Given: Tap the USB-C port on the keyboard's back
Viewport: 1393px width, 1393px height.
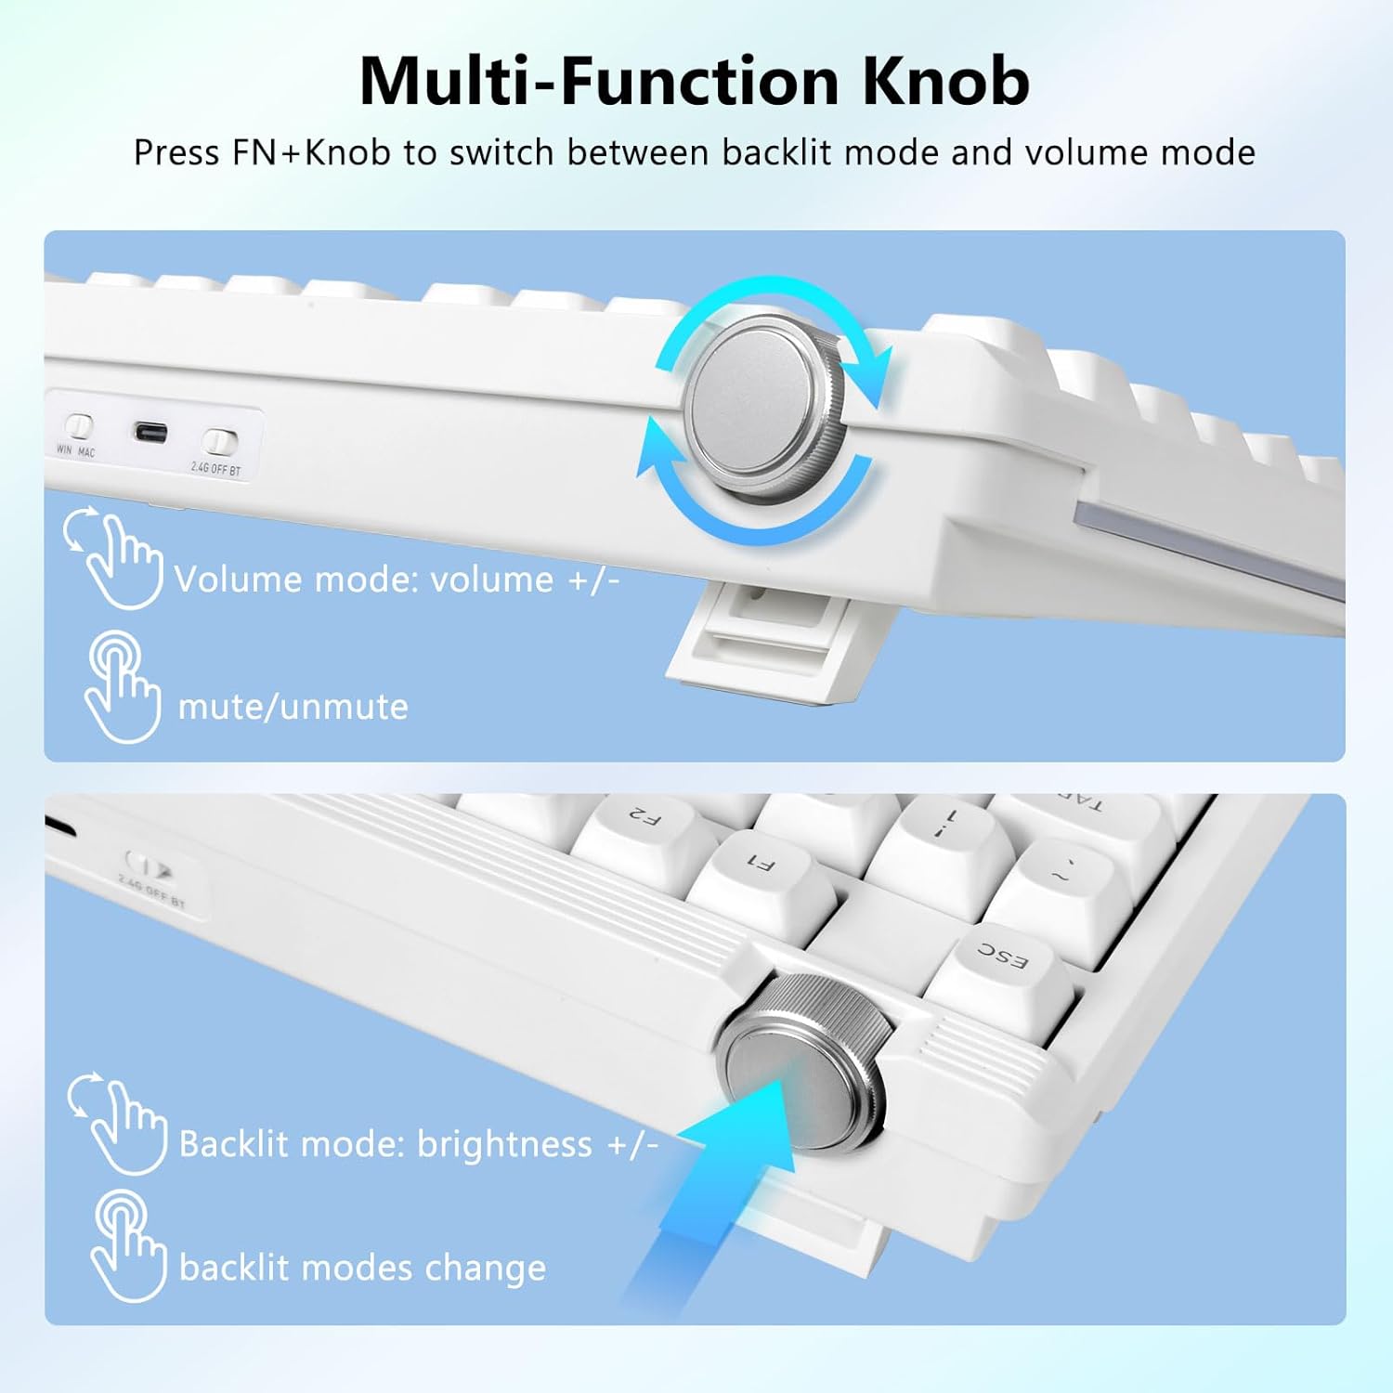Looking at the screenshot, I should pyautogui.click(x=150, y=433).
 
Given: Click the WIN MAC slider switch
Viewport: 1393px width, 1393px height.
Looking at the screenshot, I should pyautogui.click(x=78, y=426).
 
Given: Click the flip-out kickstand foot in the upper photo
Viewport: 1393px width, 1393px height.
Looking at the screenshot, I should pyautogui.click(x=752, y=641).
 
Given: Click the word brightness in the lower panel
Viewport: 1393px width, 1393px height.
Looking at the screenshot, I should pyautogui.click(x=504, y=1144).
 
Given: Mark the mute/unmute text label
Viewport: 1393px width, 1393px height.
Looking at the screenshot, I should pyautogui.click(x=293, y=707).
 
